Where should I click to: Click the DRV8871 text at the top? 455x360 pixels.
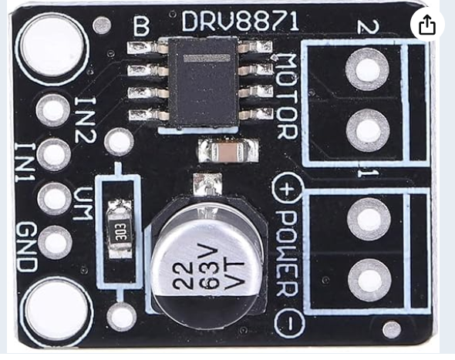[241, 21]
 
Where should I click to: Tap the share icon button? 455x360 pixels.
[427, 25]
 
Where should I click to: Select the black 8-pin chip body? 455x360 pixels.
[204, 83]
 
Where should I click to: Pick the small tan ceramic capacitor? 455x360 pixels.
[228, 151]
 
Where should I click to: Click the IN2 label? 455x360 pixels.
[85, 119]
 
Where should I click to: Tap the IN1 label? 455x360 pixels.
[25, 163]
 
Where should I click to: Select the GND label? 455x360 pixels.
[28, 247]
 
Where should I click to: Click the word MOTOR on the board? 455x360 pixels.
[287, 96]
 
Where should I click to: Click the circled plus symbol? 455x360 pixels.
[287, 189]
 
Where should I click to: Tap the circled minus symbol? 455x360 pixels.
[289, 322]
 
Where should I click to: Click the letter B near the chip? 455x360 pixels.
[141, 25]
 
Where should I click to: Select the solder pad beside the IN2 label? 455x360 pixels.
[52, 110]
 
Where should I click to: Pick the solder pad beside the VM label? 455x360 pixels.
[54, 198]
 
